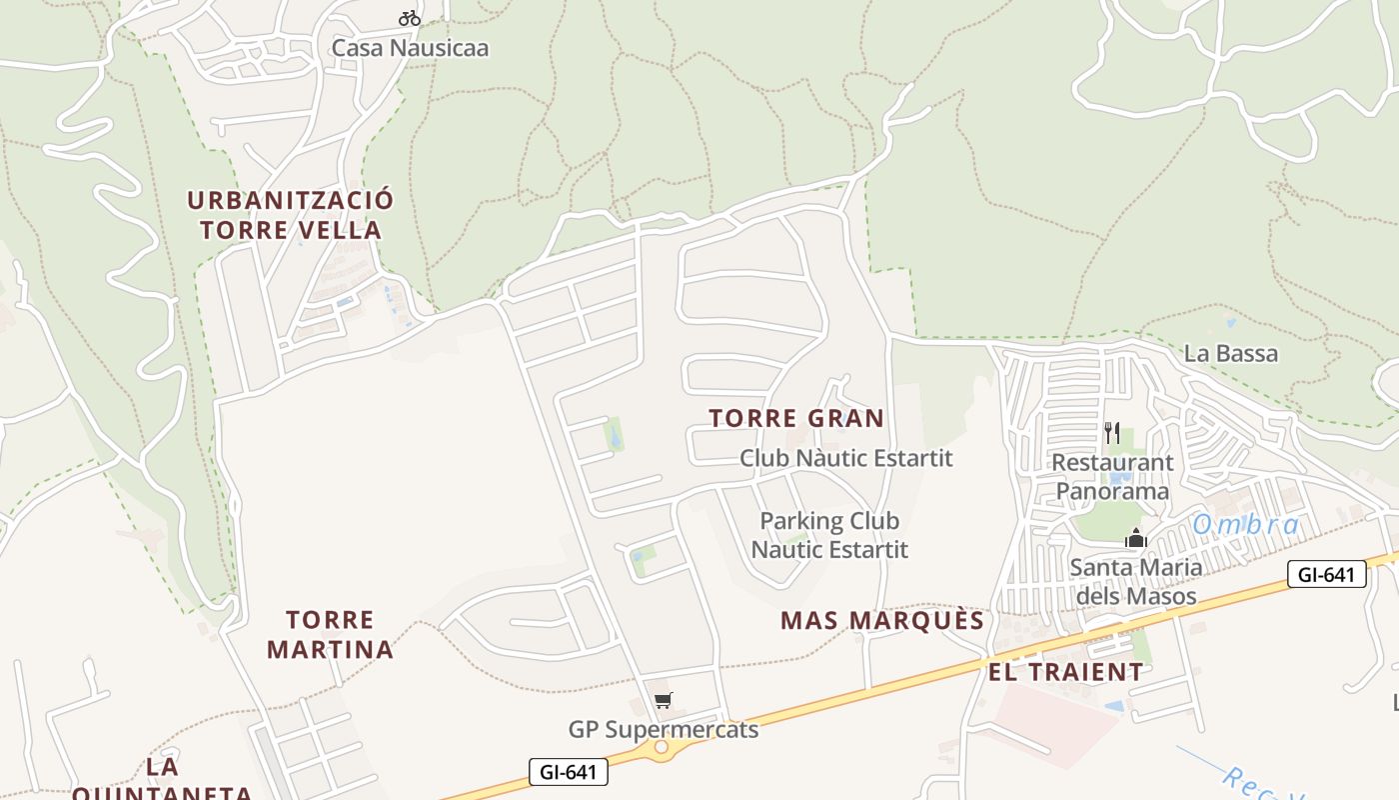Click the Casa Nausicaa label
(410, 47)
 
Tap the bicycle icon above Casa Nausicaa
(409, 17)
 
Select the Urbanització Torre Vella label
(290, 215)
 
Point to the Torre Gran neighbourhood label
(796, 418)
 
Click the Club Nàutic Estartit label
(845, 458)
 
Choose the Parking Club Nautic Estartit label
(829, 535)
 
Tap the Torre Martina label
(330, 635)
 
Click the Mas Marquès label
(882, 620)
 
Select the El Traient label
(1065, 672)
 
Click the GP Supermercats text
(664, 730)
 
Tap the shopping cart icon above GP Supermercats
(664, 700)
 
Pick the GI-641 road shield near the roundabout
(568, 772)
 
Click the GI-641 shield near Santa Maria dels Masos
(1326, 574)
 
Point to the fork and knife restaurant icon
(1112, 432)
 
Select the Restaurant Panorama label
(1112, 477)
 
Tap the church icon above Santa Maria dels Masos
(1135, 539)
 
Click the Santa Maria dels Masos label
(1135, 582)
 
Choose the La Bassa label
(1230, 353)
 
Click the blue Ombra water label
(1246, 524)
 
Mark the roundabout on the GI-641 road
(661, 747)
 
